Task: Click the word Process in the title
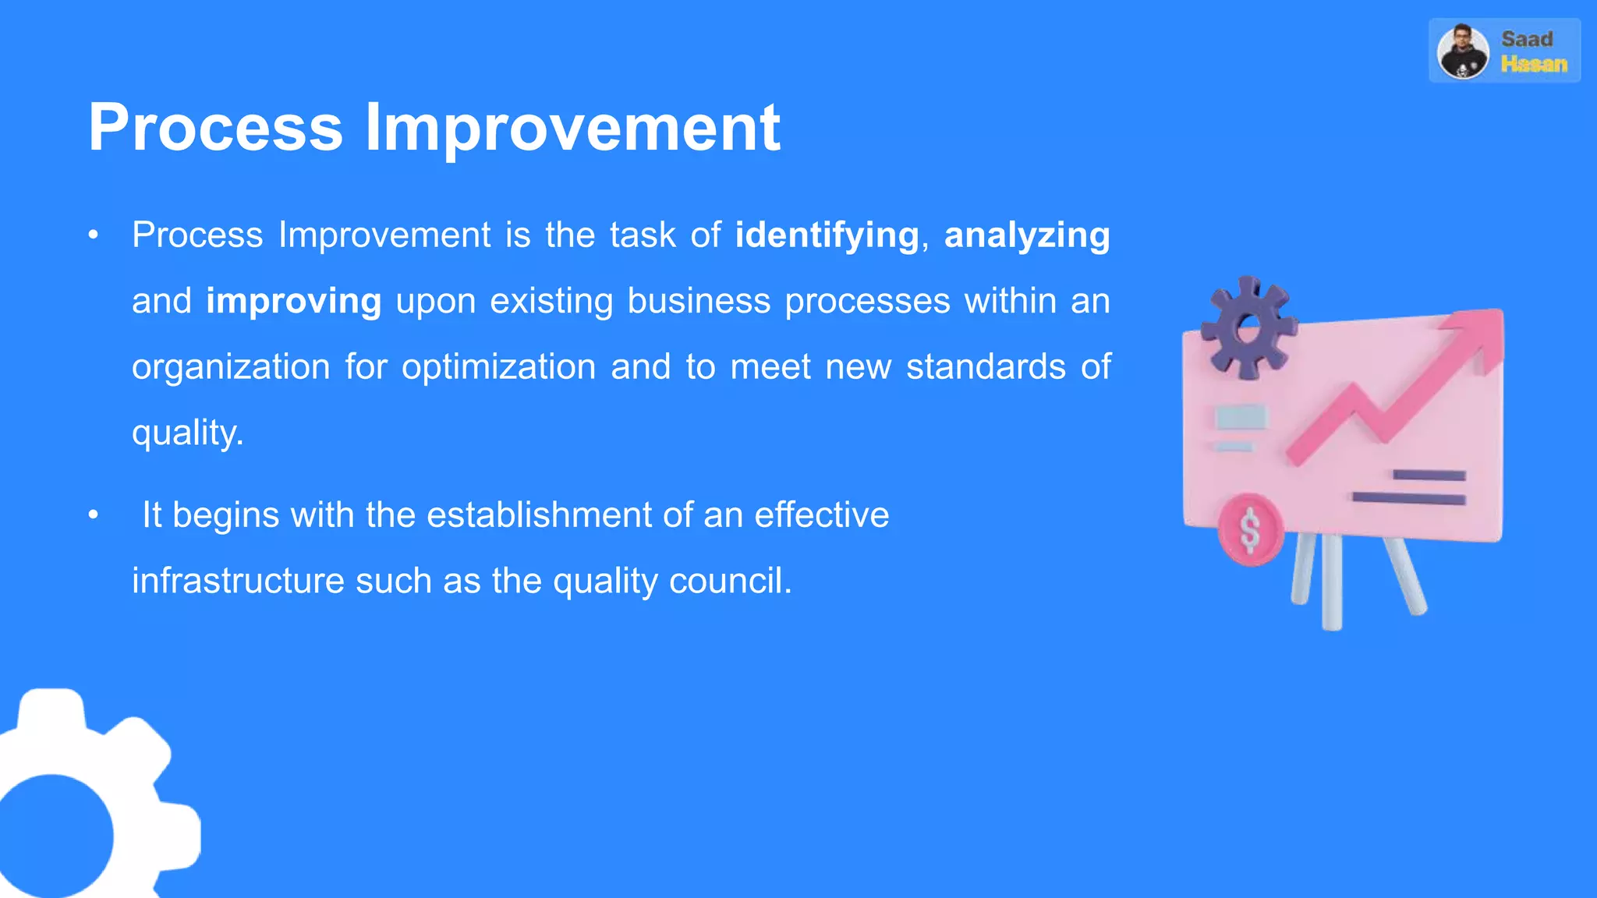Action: pos(215,127)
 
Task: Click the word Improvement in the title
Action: pos(572,127)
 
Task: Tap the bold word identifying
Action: pos(827,235)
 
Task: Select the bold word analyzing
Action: pos(1027,235)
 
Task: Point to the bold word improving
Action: pos(293,301)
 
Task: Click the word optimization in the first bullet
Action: pos(498,366)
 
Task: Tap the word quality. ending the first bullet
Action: pos(187,433)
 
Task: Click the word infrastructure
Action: pos(238,581)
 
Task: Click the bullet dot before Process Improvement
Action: pos(94,235)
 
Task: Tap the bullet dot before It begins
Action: pos(94,514)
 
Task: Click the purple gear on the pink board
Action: pos(1248,327)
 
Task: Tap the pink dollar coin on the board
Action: pos(1250,530)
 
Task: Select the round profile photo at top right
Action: pos(1463,51)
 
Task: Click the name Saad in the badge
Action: pos(1527,39)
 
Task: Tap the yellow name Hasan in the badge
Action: pos(1534,64)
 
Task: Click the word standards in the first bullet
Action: pos(986,366)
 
